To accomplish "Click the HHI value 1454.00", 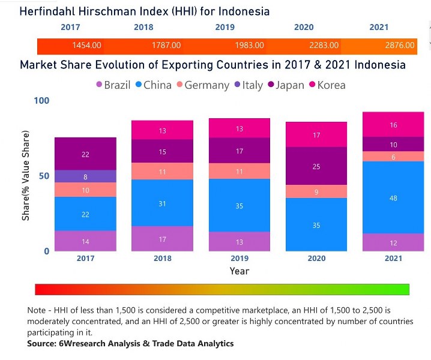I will coord(86,46).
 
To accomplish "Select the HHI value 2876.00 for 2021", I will coord(399,46).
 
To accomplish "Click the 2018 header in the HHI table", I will coord(143,27).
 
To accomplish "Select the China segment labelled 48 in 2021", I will coord(393,197).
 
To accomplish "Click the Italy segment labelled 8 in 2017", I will coord(86,176).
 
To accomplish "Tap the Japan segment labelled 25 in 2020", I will coord(316,166).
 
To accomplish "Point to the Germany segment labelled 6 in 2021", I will coord(393,157).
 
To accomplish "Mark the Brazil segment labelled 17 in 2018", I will coord(163,239).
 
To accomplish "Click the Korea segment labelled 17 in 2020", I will coord(316,135).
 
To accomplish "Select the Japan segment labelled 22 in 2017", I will coord(86,154).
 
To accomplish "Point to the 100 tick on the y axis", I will coord(41,100).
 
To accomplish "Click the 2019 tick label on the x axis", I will coord(240,259).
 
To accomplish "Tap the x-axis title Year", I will coord(240,271).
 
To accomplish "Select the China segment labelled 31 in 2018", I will coord(163,203).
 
